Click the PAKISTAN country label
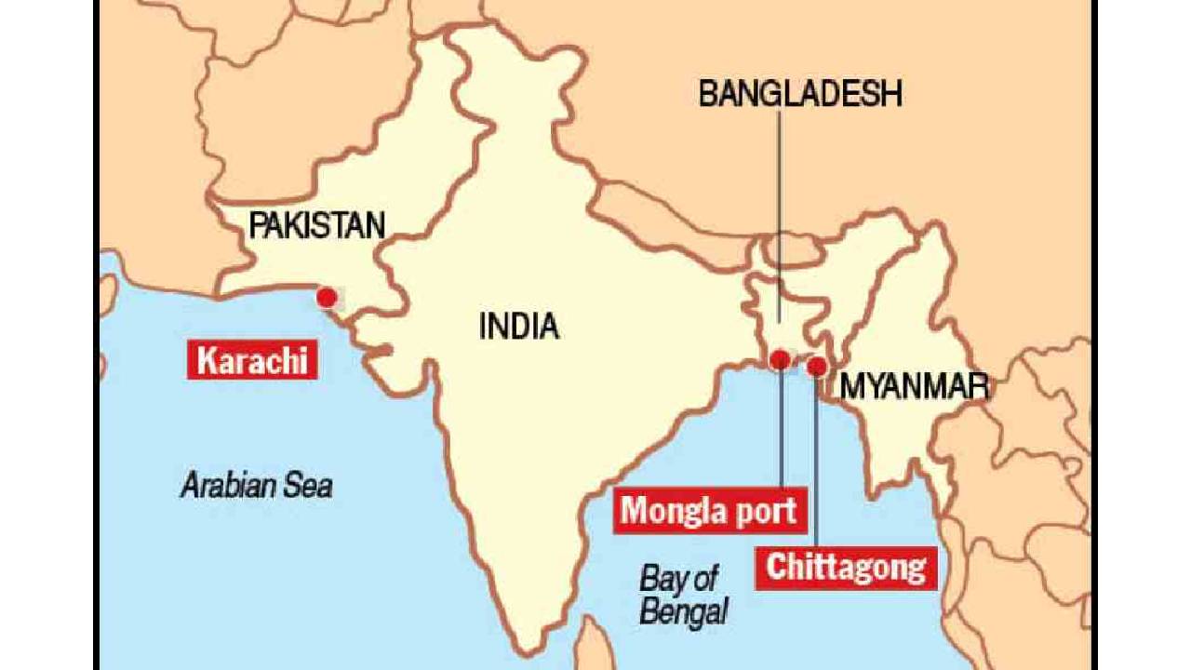(316, 225)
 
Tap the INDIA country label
(518, 327)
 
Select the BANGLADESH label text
(800, 94)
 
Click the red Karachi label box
(252, 360)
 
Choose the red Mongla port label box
(709, 511)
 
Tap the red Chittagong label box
(846, 568)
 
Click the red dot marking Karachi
(327, 298)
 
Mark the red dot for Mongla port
(781, 360)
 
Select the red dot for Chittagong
(817, 367)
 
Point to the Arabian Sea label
(256, 485)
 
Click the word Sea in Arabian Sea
(306, 485)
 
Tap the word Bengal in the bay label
(684, 611)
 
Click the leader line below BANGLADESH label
(780, 214)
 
